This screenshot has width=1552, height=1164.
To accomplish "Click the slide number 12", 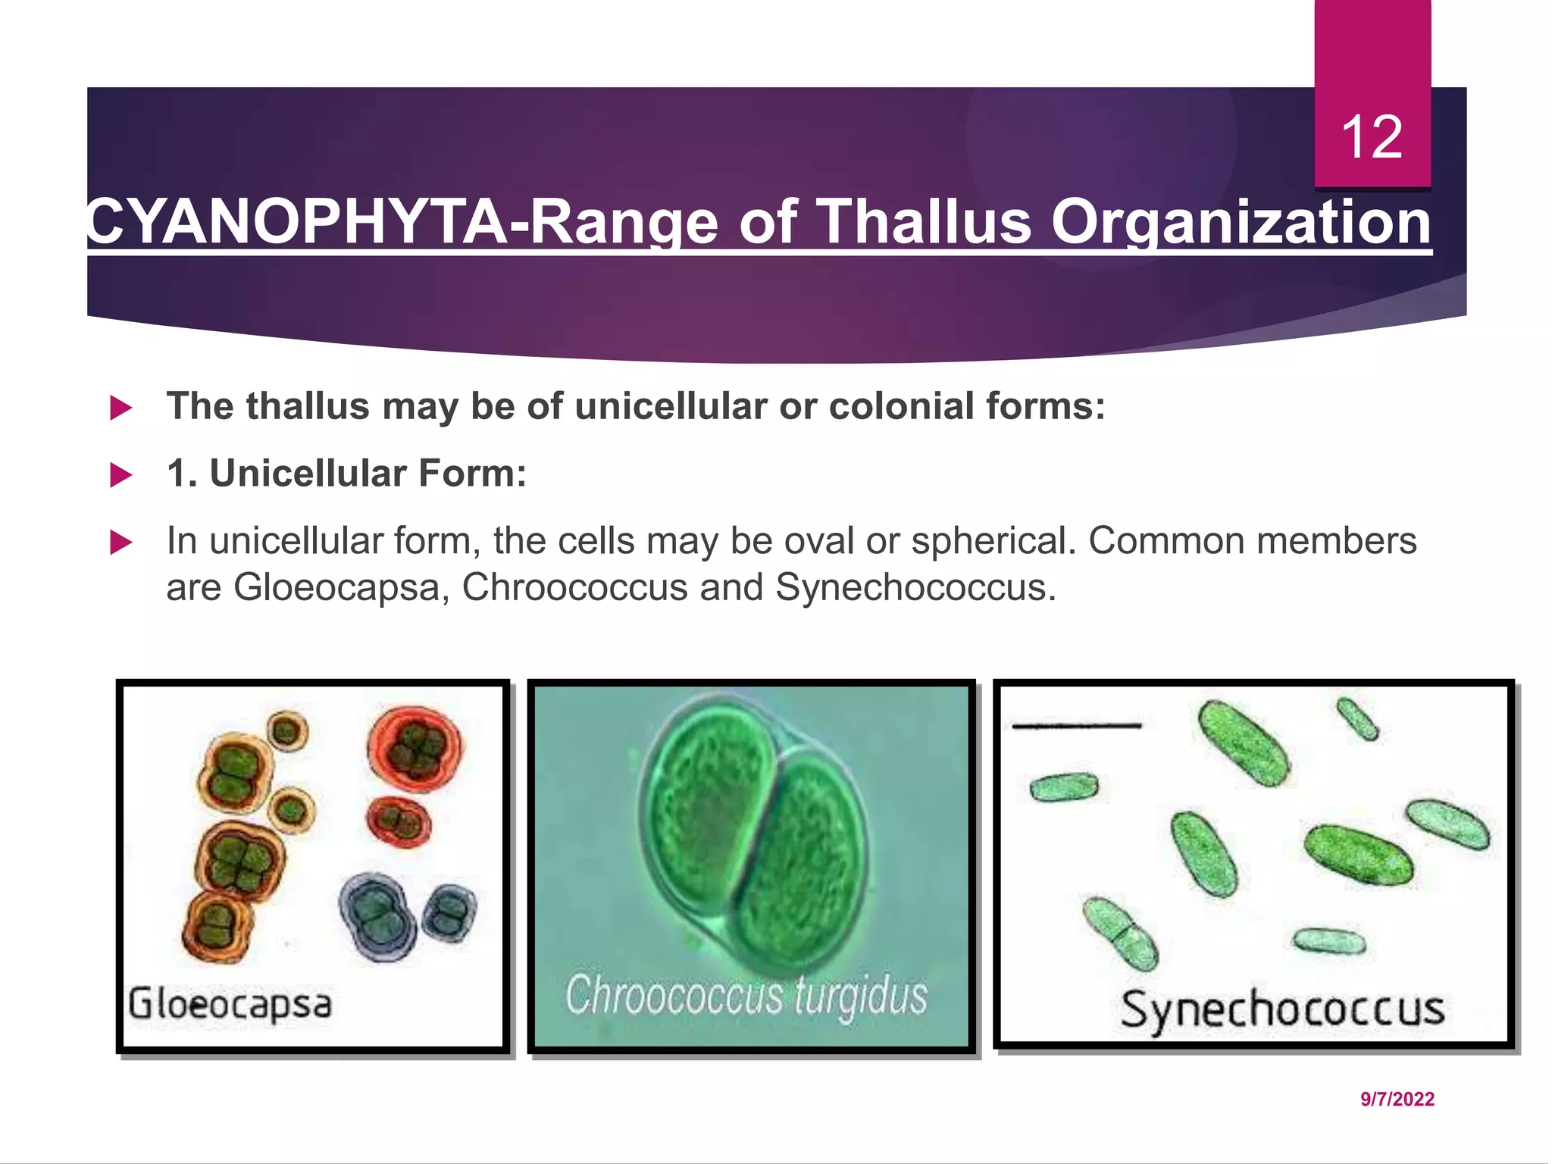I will coord(1372,137).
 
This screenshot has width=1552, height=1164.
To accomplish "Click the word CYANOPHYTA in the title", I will coord(296,222).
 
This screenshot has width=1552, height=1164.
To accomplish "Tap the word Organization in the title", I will coord(1241,222).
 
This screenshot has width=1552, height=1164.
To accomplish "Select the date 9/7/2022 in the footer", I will coord(1397,1099).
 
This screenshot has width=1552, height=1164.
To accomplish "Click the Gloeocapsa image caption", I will coord(230,1004).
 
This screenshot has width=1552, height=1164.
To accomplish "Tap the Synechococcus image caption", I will coord(1282,1009).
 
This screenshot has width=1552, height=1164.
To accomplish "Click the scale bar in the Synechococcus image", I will coord(1076,726).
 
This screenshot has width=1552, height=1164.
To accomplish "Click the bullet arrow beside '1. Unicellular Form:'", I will coord(121,475).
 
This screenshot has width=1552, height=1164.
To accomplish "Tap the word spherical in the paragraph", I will coord(993,541).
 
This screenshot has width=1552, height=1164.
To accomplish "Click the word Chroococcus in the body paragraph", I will coord(574,587).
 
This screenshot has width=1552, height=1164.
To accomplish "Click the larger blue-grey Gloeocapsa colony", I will coord(378,915).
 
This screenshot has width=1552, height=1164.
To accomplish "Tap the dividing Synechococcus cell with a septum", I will coord(1120,933).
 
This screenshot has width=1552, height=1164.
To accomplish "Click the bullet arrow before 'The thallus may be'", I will coord(121,408).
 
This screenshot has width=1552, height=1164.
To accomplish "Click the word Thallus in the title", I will coord(926,222).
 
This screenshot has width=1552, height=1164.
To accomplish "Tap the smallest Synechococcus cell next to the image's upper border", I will coord(1357,718).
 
